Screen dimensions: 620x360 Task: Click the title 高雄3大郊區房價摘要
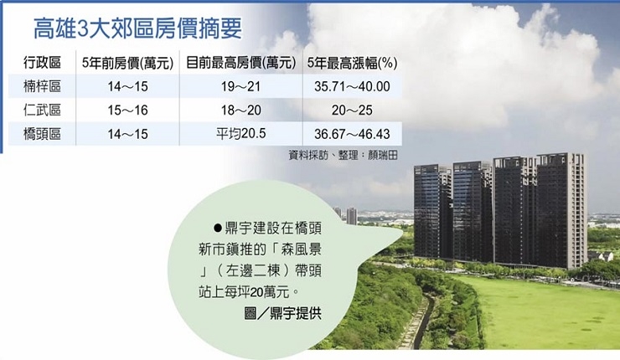pos(137,28)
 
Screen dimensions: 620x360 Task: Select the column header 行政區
pos(42,63)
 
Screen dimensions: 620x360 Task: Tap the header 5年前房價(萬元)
pos(127,63)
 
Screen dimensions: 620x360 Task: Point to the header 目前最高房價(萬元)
pos(240,63)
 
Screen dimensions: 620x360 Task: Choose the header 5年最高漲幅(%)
pos(352,63)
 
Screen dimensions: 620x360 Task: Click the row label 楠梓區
pos(42,86)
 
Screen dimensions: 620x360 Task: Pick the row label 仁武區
pos(42,110)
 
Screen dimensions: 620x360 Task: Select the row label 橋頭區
pos(42,134)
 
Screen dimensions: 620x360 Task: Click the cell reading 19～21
pos(240,86)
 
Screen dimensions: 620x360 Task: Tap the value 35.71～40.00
pos(352,86)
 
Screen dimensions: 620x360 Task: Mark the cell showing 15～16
pos(127,111)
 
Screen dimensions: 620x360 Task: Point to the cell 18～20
pos(240,111)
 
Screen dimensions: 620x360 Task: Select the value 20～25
pos(352,111)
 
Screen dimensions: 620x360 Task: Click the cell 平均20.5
pos(240,134)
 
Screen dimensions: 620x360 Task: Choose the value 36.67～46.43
pos(352,134)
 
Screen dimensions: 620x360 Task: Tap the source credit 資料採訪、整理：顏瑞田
pos(343,155)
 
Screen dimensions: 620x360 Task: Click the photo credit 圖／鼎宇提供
pos(282,314)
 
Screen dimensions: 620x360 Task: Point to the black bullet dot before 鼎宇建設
pos(218,228)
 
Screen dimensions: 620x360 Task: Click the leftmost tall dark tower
pos(432,212)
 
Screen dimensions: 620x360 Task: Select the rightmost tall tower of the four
pos(561,210)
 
